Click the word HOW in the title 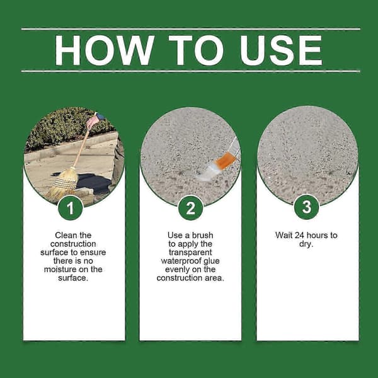coord(105,50)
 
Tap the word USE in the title coord(281,50)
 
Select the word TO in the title coord(196,50)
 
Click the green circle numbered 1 coord(71,208)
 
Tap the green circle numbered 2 coord(190,208)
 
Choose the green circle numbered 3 coord(307,207)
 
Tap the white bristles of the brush coord(207,171)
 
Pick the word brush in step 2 coord(202,235)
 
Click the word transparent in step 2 coord(190,253)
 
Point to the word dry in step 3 coord(305,244)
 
